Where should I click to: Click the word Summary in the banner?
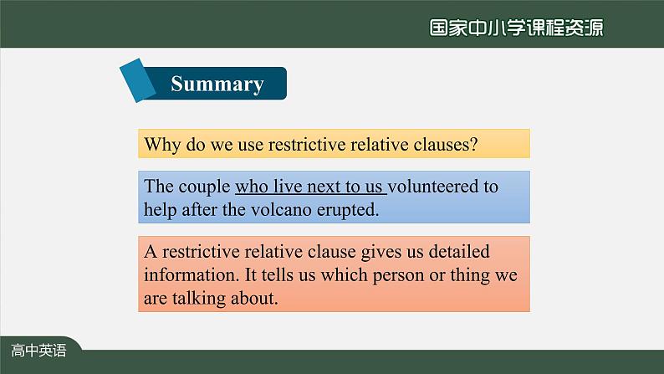[x=217, y=85]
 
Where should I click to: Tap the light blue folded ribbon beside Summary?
[x=138, y=80]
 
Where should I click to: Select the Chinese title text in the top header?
[x=516, y=28]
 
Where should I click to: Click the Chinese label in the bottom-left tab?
[x=38, y=351]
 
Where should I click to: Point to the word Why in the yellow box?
[x=161, y=145]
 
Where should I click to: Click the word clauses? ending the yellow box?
[x=446, y=145]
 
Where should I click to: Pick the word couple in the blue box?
[x=204, y=187]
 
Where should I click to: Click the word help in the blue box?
[x=160, y=210]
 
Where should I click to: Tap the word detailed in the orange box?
[x=459, y=252]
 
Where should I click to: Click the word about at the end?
[x=254, y=298]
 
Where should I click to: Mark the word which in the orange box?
[x=345, y=275]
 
